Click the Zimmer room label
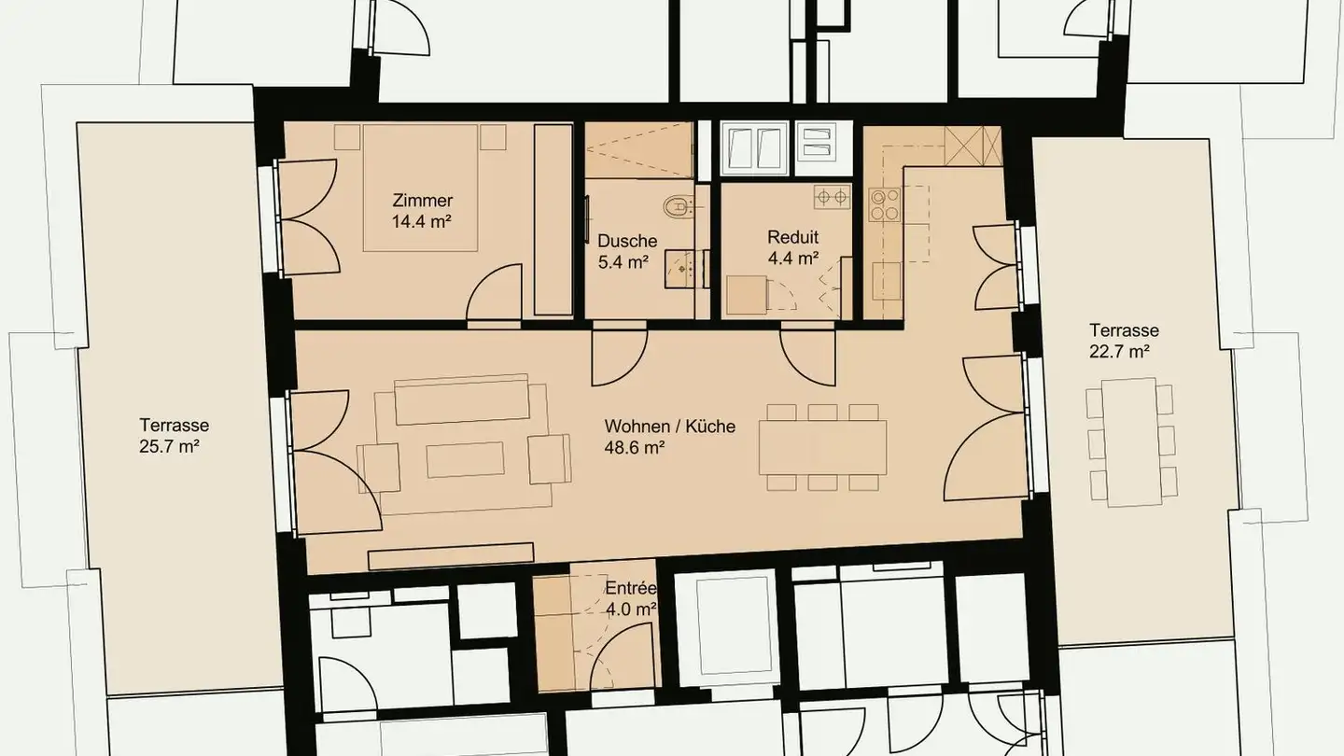[x=423, y=201]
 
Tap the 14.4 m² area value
[x=422, y=222]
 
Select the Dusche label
[x=627, y=241]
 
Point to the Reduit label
[x=792, y=237]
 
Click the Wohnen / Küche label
[x=669, y=427]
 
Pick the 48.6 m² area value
[x=635, y=448]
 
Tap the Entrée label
[x=630, y=589]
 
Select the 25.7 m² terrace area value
[x=169, y=446]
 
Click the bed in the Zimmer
[x=422, y=187]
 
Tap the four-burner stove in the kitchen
[x=885, y=204]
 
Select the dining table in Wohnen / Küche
[x=822, y=447]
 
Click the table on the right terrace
[x=1128, y=441]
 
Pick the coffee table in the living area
[x=466, y=459]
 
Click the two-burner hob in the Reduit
[x=832, y=198]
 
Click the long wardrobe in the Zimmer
[x=553, y=220]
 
